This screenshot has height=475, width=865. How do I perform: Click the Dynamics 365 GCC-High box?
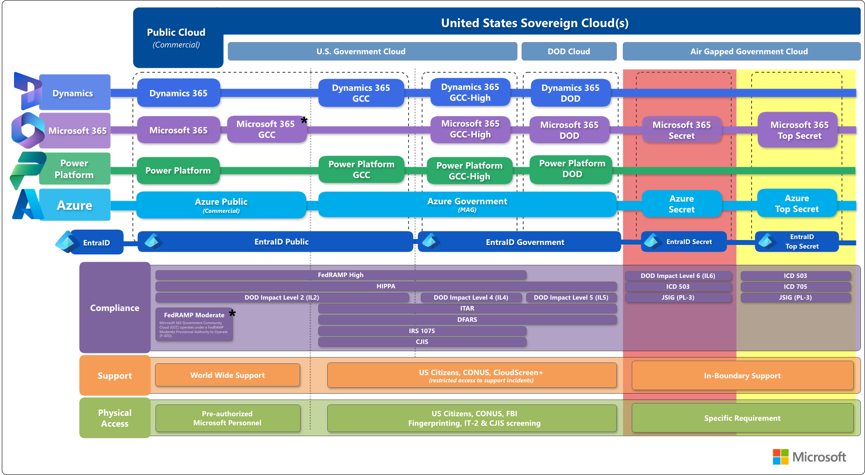tap(470, 92)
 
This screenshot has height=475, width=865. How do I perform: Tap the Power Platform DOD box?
tap(572, 169)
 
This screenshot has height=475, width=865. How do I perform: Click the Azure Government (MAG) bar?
tap(467, 204)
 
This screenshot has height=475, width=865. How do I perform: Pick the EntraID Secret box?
tap(683, 242)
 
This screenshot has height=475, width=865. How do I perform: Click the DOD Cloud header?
tap(569, 52)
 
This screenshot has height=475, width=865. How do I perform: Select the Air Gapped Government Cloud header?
tap(748, 52)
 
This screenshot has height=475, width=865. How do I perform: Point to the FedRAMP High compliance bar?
tap(340, 275)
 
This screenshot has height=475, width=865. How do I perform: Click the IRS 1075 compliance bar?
tap(422, 331)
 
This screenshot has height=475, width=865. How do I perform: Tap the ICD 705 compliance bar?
tap(795, 287)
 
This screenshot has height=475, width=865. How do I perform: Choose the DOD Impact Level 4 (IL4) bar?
tap(470, 297)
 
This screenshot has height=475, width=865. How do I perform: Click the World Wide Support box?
tap(227, 375)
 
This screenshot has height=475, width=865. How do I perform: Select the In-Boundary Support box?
tap(742, 376)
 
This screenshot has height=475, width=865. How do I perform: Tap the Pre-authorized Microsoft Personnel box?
tap(227, 418)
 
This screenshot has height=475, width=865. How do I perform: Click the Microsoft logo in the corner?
tap(809, 457)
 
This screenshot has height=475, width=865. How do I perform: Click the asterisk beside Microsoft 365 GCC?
tap(304, 120)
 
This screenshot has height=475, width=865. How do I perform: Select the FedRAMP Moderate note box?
tap(194, 324)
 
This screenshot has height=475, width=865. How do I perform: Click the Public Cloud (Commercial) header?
tap(176, 38)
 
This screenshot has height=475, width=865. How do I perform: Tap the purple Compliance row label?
tap(114, 308)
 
